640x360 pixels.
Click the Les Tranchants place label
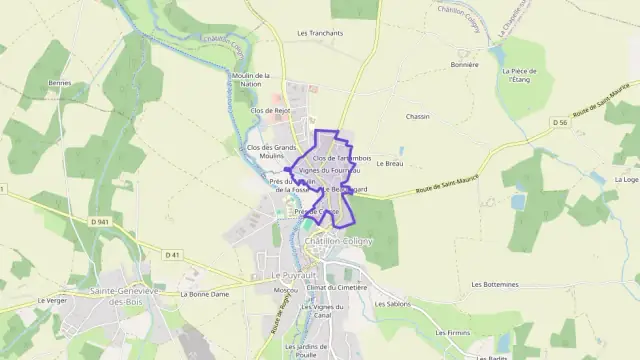(320, 33)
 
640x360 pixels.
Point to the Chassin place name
(417, 116)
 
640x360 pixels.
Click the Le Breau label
(393, 164)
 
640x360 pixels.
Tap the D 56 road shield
(562, 122)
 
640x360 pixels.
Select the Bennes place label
(60, 82)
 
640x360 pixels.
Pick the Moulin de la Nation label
(251, 80)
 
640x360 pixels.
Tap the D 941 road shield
(98, 220)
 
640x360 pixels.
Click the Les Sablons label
(392, 302)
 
